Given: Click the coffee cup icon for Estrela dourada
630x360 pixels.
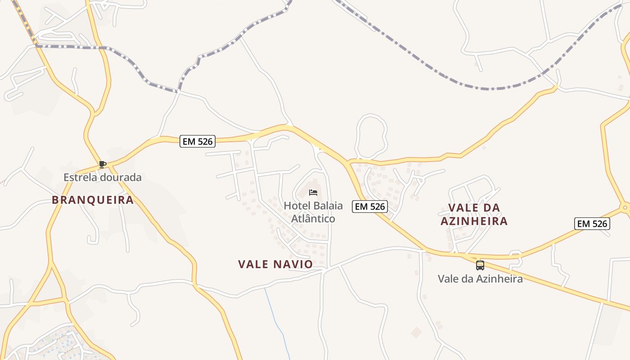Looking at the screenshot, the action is tap(103, 164).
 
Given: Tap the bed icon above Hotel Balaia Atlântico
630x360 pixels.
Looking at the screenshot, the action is tap(313, 193).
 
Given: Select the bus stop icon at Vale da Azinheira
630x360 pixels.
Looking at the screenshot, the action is tap(480, 265).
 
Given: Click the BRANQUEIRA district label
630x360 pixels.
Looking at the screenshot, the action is tap(93, 200).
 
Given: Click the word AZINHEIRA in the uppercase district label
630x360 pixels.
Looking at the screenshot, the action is tap(474, 221).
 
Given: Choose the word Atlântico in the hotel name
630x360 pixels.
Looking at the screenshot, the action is tap(314, 219).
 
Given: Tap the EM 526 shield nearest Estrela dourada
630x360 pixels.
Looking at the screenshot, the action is tap(198, 141).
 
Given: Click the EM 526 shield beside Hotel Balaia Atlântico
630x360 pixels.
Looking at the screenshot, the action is tap(369, 207).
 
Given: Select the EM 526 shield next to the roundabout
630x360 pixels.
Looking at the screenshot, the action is tap(592, 224).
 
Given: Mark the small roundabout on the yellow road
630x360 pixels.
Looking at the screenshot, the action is tap(625, 208).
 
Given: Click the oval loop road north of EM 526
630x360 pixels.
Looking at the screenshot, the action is tap(371, 135).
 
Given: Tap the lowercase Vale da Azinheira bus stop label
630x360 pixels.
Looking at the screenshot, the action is tap(480, 279).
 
